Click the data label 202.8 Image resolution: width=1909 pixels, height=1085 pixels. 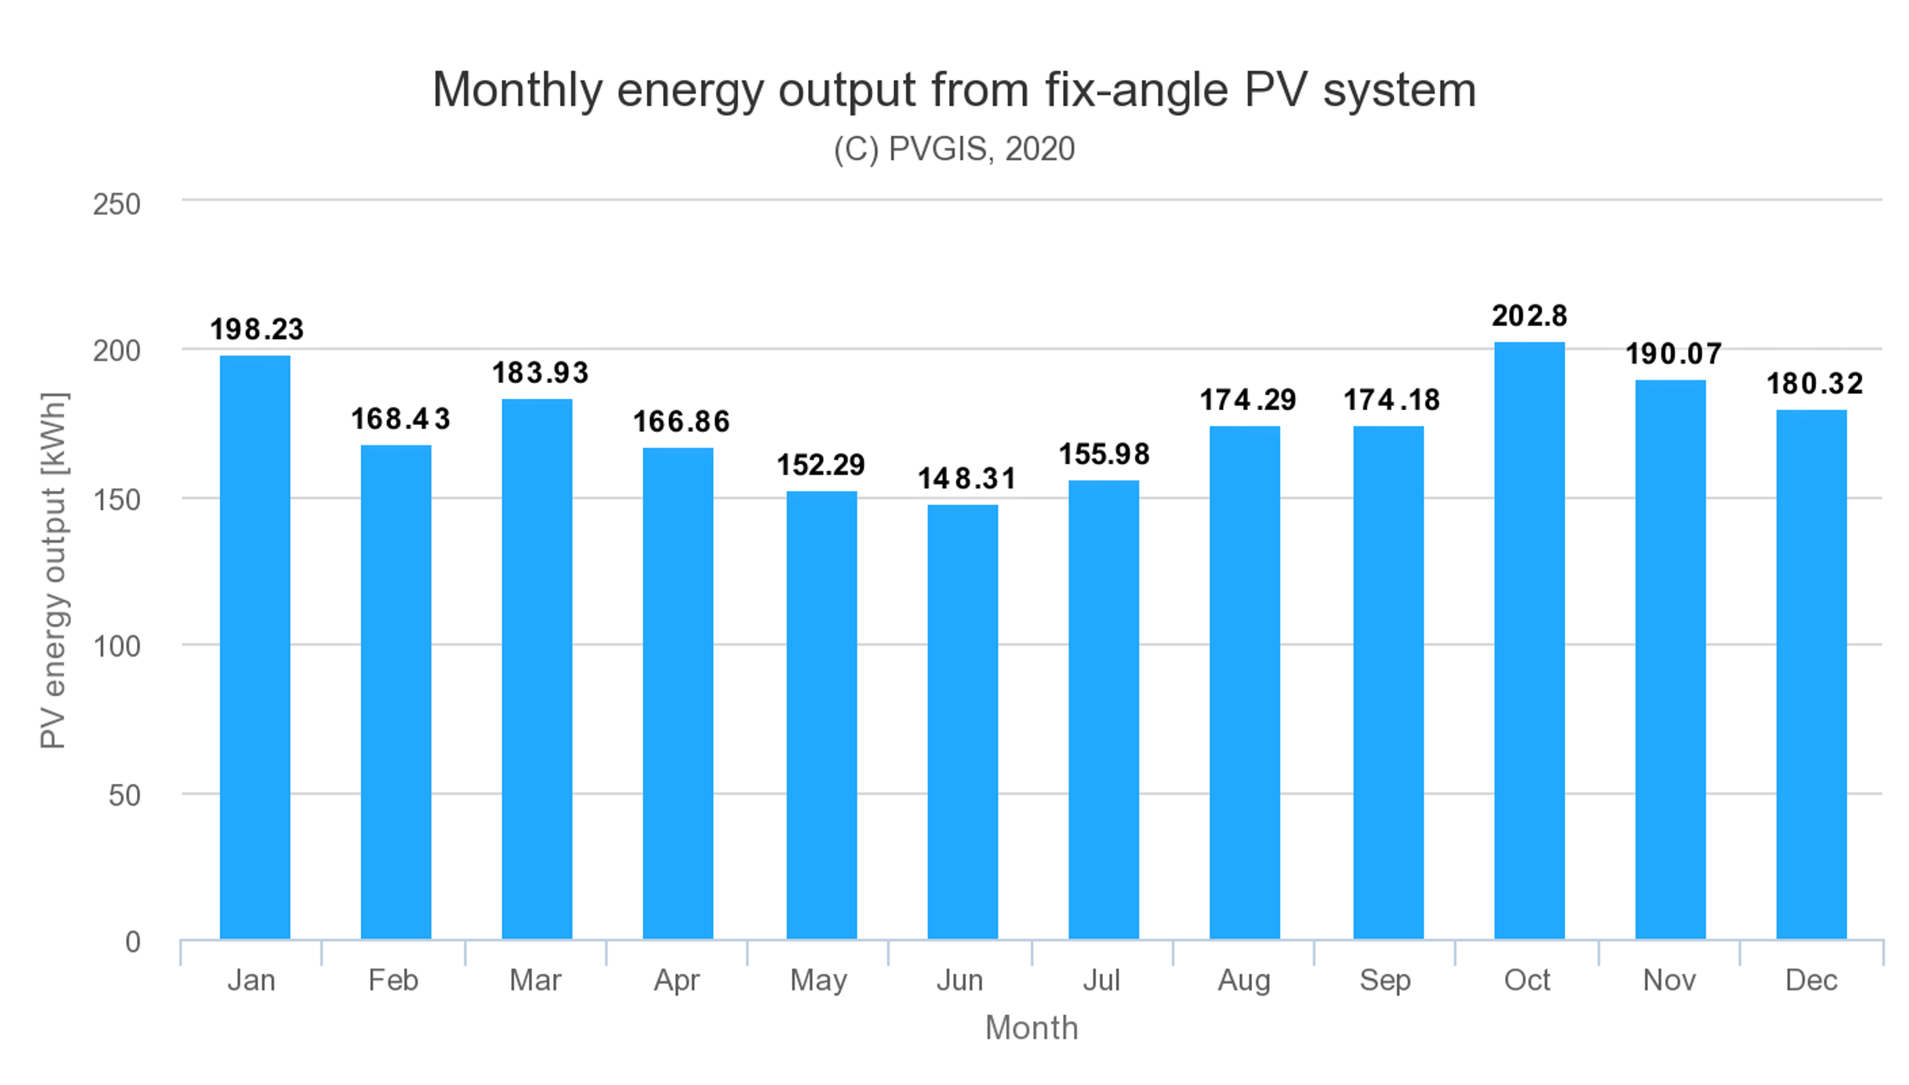tap(1529, 316)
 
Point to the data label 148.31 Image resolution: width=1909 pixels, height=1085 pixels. tap(966, 478)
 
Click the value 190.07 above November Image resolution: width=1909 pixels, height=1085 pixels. tap(1673, 354)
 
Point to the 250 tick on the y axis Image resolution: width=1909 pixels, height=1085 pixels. tap(116, 204)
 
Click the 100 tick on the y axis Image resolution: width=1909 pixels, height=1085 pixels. tap(116, 646)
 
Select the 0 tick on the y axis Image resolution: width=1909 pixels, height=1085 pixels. tap(133, 942)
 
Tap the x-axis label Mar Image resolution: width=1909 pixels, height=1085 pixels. tap(535, 980)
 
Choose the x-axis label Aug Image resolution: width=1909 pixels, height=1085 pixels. tap(1243, 980)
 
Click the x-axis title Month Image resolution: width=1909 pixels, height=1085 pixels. tap(1031, 1028)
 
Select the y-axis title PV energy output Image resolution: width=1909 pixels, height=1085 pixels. tap(54, 570)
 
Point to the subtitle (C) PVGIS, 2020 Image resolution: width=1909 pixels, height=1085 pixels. tap(954, 149)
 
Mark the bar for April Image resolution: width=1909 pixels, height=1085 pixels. tap(678, 693)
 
